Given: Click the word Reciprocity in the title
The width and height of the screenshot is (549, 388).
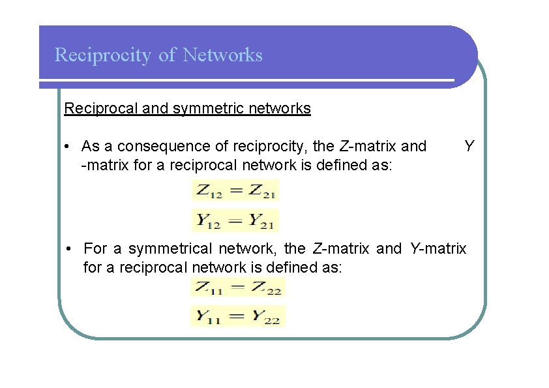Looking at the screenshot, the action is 104,55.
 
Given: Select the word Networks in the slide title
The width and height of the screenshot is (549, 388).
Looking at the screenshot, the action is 223,55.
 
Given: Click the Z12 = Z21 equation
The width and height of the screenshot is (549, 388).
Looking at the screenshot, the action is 235,191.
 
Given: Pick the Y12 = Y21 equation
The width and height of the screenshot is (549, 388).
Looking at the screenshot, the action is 235,220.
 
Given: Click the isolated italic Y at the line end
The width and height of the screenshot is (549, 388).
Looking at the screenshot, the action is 468,145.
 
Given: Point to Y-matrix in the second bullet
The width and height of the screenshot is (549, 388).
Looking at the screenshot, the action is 438,248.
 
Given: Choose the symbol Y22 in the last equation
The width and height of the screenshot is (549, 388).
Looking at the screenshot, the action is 266,317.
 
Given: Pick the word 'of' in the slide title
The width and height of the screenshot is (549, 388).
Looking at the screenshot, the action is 167,55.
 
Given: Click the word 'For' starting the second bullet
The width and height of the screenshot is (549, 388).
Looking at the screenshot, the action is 95,248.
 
